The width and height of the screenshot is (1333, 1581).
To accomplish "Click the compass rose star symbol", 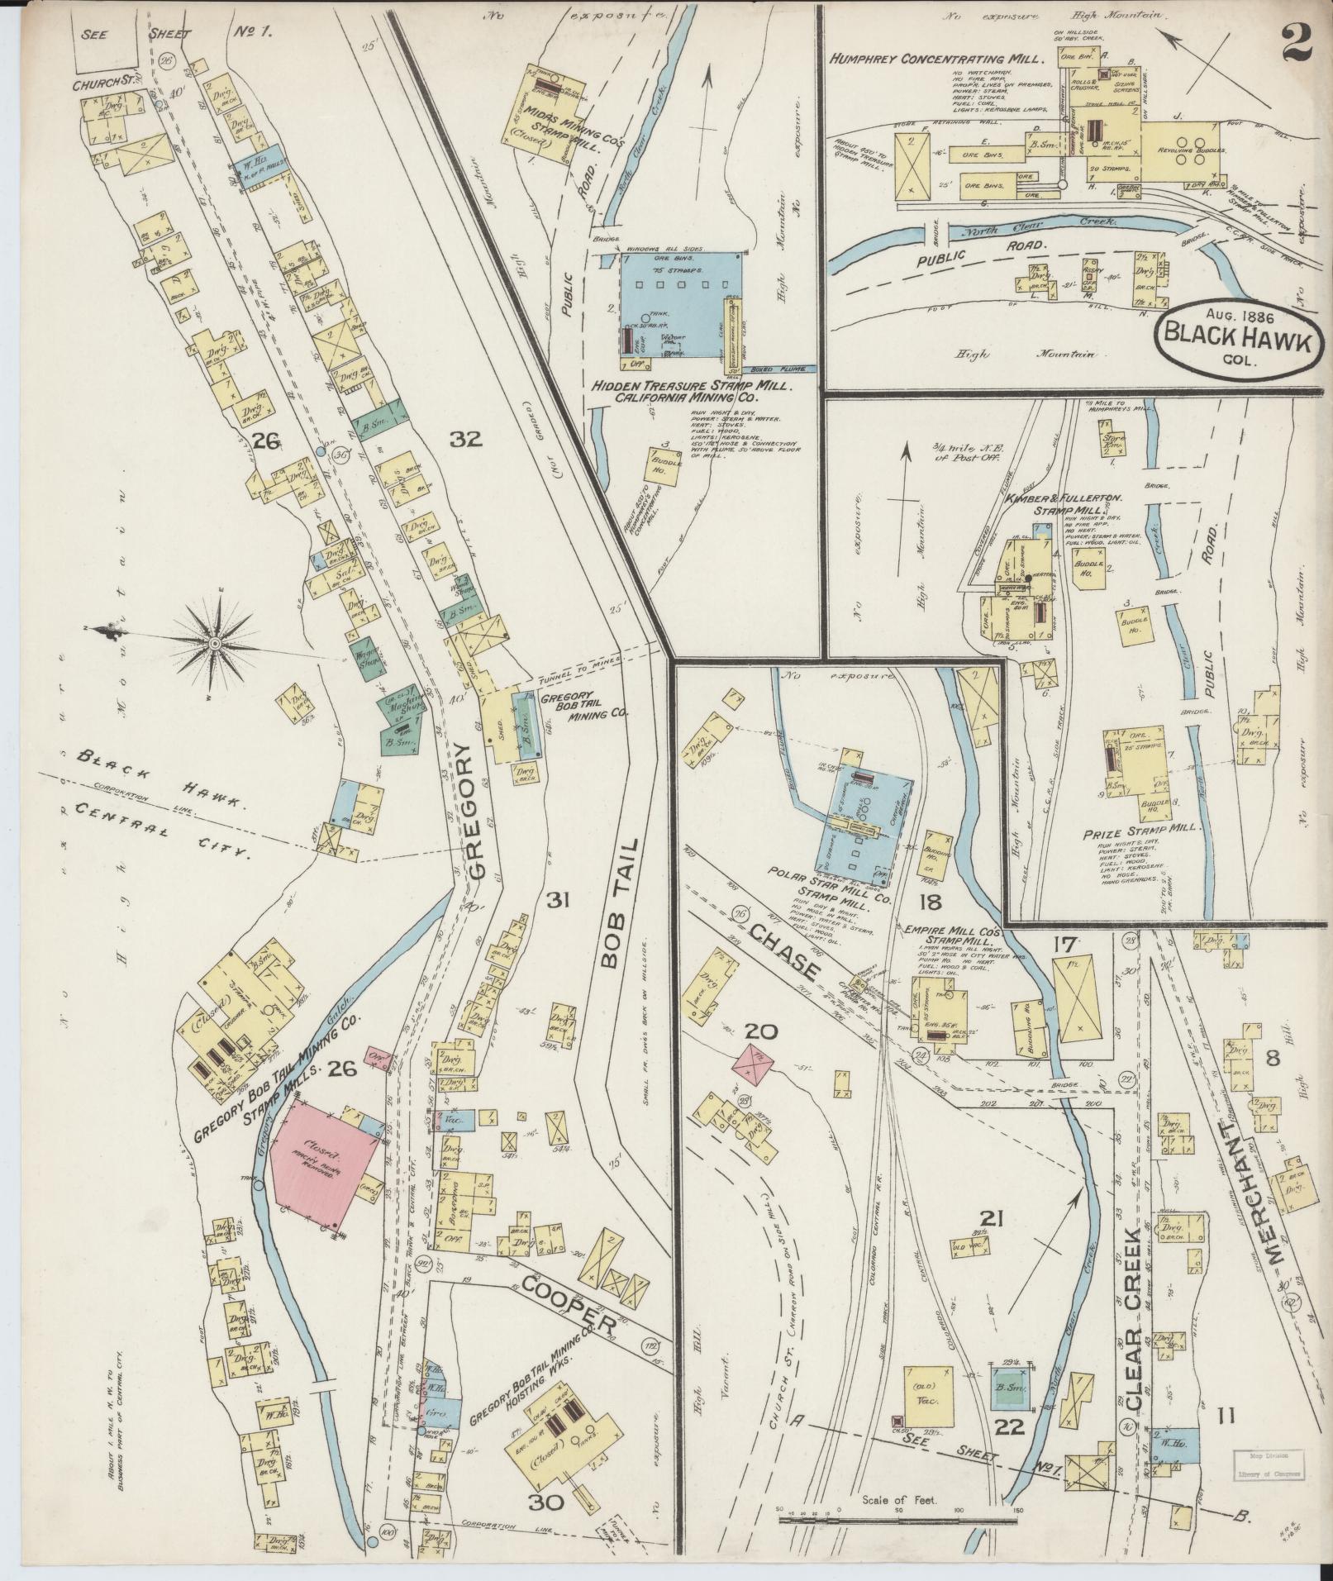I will [x=214, y=642].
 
